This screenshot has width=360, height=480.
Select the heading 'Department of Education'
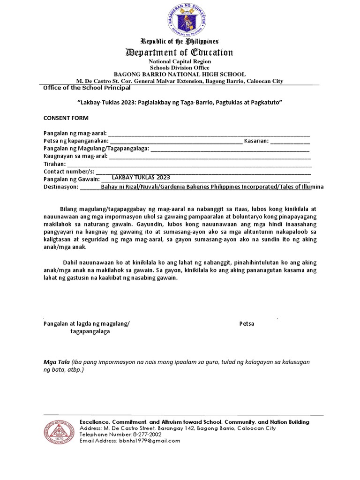click(x=180, y=52)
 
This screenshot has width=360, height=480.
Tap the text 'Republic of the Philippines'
click(x=180, y=41)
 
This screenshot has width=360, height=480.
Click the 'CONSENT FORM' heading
click(x=66, y=118)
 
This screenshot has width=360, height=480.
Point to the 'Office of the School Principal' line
click(x=87, y=88)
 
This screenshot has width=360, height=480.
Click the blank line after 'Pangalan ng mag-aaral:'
click(x=209, y=133)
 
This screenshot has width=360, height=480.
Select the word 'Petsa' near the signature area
click(x=247, y=323)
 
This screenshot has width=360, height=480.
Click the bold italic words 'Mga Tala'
click(x=56, y=362)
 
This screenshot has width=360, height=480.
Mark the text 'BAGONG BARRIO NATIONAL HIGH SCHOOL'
click(x=180, y=75)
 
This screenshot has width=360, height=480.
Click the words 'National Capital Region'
click(x=180, y=61)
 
